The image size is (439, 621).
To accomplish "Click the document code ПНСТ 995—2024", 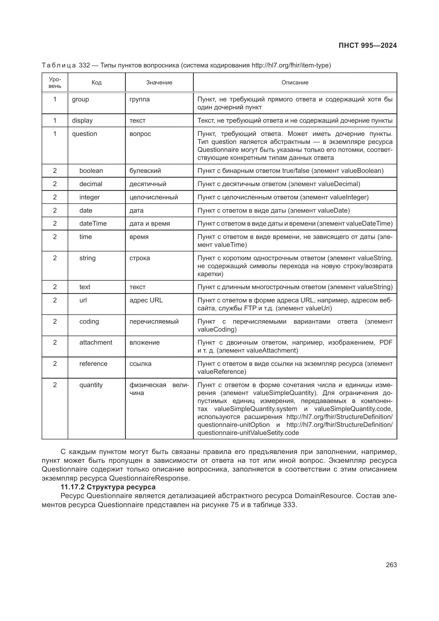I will [x=367, y=45].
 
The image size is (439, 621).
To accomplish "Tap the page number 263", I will [x=391, y=565].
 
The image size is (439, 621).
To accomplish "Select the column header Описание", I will [x=295, y=83].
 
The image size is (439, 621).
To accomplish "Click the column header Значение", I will [x=159, y=83].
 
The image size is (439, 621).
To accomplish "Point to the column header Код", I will [x=96, y=83].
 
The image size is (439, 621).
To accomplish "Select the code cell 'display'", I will [x=82, y=121].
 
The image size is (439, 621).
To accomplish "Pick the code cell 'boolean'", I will [x=91, y=171].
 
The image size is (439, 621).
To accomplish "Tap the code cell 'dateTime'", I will [x=93, y=223].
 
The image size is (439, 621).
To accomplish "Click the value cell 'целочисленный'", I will [x=153, y=197].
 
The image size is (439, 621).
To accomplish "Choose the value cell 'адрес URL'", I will [x=146, y=300].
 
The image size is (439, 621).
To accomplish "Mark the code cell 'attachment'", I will [x=96, y=342].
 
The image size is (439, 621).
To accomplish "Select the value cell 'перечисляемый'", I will [x=154, y=322].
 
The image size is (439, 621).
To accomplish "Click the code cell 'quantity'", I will [x=91, y=385].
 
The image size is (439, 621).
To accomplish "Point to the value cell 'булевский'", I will [x=145, y=171].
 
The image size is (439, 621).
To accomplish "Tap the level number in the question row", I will [x=55, y=134].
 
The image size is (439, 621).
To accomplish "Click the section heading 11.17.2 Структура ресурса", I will [x=108, y=487].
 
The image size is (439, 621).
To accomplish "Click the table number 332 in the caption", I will [x=84, y=66].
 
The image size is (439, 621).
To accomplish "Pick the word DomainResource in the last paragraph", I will [x=323, y=496].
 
